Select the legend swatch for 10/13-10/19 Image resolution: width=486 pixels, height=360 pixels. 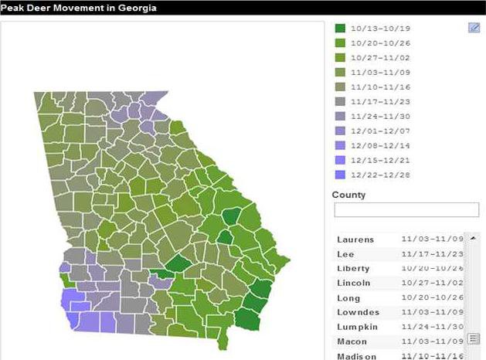point(339,28)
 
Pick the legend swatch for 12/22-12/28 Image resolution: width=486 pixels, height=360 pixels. point(339,175)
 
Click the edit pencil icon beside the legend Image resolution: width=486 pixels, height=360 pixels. point(474,28)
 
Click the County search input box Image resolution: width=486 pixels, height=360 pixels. point(406,210)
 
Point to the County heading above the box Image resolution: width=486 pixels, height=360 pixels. point(348,195)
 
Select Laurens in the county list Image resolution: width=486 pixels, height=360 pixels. point(355,239)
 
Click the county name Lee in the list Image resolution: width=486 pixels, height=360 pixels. point(345,254)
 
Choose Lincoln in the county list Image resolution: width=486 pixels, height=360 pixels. point(353,283)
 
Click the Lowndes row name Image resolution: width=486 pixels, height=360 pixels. point(356,312)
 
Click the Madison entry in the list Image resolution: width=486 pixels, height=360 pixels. point(355,355)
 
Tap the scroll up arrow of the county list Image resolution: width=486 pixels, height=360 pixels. point(473,238)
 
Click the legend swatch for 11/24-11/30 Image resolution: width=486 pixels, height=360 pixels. point(339,116)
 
